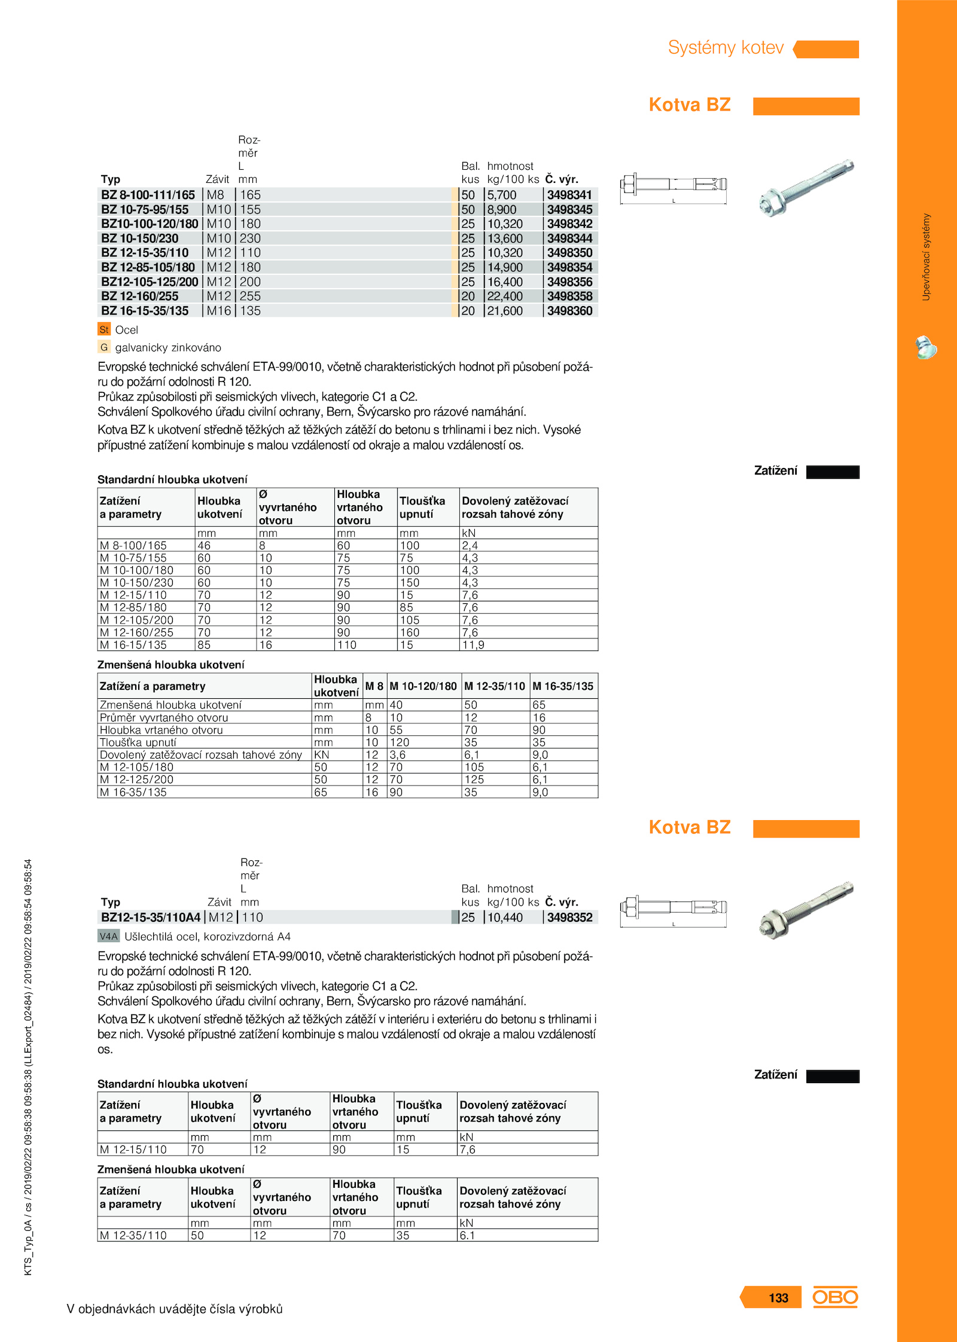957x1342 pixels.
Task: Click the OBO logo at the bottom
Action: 835,1297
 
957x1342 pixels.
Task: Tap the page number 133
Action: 778,1298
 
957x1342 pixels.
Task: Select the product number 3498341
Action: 569,195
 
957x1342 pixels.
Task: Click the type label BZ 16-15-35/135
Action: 145,311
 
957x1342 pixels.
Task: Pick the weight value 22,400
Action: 505,296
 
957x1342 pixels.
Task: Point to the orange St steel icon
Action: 104,329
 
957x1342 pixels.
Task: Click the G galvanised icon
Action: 104,347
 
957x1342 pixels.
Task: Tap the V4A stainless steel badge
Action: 109,936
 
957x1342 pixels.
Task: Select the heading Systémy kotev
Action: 726,48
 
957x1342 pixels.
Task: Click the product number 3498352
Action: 569,918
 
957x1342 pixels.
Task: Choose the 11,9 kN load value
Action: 473,645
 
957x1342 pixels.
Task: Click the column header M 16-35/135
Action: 563,686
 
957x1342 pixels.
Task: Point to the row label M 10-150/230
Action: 137,583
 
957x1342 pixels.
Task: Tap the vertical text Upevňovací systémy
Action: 926,257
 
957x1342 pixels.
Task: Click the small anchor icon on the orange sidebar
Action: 926,348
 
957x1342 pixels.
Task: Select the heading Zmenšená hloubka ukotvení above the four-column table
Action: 171,665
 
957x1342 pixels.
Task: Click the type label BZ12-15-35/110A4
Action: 151,918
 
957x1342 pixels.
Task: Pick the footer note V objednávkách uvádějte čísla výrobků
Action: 175,1309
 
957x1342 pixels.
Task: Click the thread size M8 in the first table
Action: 215,195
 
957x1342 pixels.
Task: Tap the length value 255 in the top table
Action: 250,296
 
